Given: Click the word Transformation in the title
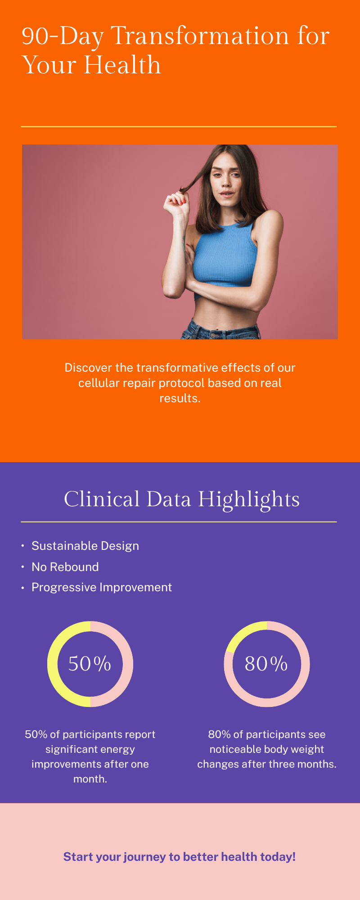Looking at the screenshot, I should click(x=200, y=36).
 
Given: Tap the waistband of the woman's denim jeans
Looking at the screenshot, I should click(x=220, y=333).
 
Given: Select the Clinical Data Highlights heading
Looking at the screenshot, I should click(x=181, y=499).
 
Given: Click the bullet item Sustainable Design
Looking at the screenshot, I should click(x=85, y=546).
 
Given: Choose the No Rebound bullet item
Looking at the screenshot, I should click(x=65, y=567).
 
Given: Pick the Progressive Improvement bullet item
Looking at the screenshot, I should click(x=102, y=587).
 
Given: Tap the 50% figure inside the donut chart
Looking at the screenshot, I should click(x=90, y=664).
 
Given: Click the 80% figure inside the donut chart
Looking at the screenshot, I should click(x=266, y=664).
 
